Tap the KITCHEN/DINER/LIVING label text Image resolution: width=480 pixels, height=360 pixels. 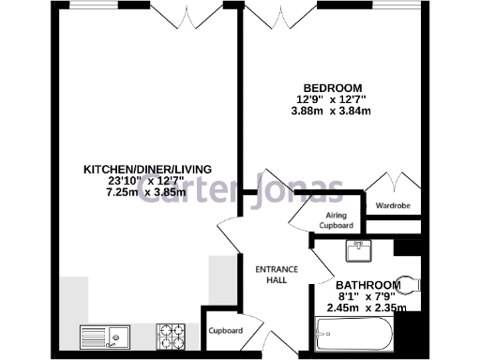point(147,170)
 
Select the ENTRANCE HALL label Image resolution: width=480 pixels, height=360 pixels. point(277,274)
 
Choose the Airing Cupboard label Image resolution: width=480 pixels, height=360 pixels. point(336,220)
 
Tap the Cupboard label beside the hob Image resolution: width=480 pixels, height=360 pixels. point(225,331)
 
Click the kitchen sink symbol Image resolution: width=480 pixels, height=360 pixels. point(104,335)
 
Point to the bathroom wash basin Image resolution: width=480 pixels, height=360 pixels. point(356,251)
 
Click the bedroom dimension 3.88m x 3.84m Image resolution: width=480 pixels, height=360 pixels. point(331,111)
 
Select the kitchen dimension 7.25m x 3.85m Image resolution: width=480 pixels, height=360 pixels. point(147,192)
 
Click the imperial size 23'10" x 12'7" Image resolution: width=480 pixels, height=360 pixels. point(147,181)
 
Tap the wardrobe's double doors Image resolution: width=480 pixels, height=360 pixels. point(390,184)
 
